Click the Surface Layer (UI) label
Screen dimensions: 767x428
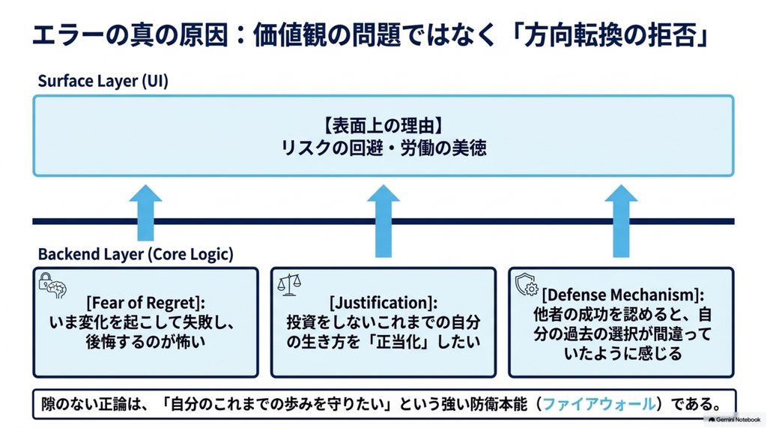tap(103, 81)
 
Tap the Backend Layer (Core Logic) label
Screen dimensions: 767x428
tap(136, 254)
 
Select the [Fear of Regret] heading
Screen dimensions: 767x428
tap(146, 302)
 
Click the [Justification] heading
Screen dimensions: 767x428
tap(383, 302)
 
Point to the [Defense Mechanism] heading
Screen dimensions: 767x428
tap(622, 295)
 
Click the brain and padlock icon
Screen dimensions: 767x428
tap(52, 286)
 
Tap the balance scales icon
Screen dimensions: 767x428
tap(289, 285)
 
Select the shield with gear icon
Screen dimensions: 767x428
tap(527, 285)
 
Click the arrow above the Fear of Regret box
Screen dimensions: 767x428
tap(146, 213)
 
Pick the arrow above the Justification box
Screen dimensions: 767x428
tap(383, 221)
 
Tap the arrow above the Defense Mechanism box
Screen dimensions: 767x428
tap(621, 221)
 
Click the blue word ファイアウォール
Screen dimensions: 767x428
tap(598, 404)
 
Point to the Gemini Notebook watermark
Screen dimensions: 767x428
tap(734, 420)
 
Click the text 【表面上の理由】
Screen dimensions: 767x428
tap(383, 126)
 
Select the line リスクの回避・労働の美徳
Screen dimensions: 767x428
tap(383, 148)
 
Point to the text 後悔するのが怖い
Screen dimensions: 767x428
tap(146, 341)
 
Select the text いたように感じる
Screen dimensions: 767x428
tap(622, 352)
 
